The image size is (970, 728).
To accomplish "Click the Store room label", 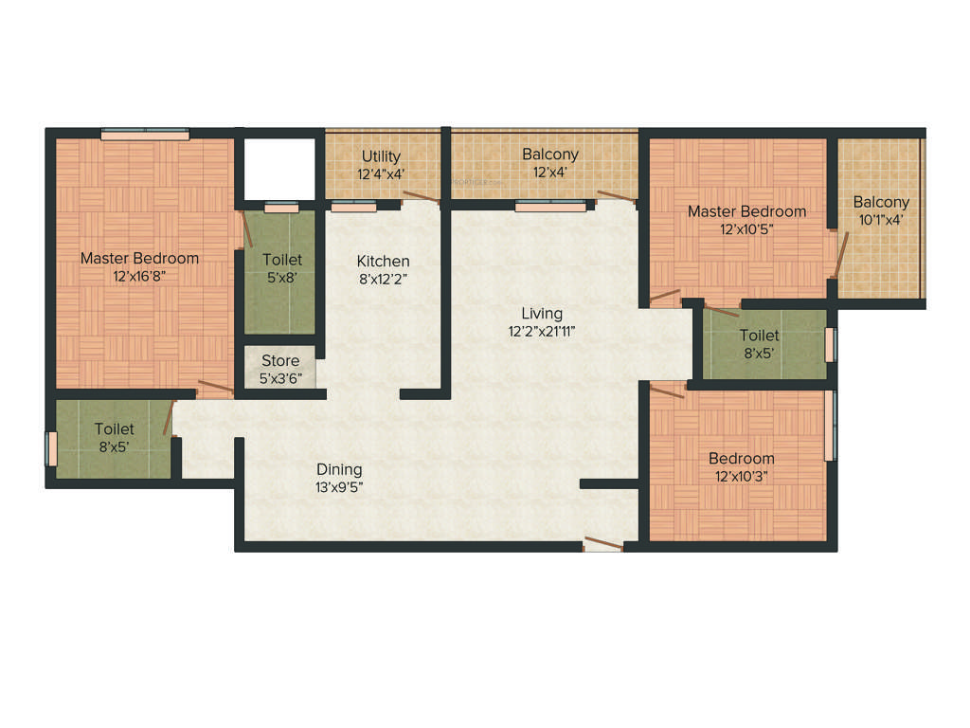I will coord(279,361).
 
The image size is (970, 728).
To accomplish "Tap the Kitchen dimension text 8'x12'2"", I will coord(383,279).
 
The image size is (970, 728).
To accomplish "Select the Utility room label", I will coord(381,156).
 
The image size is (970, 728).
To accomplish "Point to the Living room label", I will coord(542,313).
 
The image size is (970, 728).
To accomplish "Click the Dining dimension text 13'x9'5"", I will coord(339,486).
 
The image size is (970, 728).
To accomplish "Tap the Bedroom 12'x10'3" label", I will coord(742,459).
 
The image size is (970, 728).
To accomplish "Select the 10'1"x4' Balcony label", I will coord(881,202).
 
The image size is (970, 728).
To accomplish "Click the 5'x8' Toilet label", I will coord(282,260).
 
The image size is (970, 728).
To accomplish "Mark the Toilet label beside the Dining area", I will coord(114,429).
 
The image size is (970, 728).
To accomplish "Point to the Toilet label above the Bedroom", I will coord(760,336).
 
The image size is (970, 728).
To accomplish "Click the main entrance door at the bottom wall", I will coord(603,544).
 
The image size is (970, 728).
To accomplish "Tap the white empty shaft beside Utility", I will coord(279,168).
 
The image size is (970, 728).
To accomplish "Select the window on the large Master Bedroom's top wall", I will coord(141,134).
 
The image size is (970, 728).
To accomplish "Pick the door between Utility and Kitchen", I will coord(420,197).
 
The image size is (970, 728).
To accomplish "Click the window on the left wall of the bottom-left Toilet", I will coord(52,448).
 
